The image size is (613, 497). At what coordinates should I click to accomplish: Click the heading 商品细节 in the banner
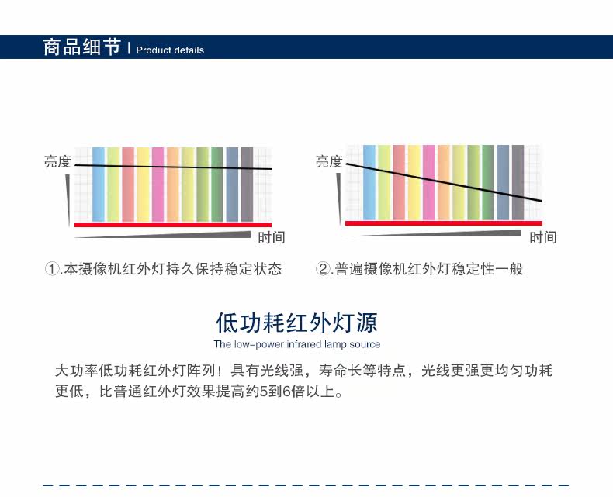81,47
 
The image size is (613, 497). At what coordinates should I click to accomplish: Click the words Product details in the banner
170,50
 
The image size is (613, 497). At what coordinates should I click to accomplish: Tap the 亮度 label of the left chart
57,161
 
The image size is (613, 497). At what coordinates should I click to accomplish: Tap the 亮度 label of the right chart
329,161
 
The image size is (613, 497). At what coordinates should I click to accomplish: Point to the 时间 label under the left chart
272,237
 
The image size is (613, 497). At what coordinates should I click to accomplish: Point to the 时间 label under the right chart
543,237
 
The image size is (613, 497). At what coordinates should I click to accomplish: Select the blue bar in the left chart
99,184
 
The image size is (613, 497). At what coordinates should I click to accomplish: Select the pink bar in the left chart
158,184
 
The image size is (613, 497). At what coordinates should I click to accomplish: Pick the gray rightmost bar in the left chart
247,184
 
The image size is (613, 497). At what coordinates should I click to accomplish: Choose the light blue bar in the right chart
369,182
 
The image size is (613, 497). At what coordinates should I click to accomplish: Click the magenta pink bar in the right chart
429,182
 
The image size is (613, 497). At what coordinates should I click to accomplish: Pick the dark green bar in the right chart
488,182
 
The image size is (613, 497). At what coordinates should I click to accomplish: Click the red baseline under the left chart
173,225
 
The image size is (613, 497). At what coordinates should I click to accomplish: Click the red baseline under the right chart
444,223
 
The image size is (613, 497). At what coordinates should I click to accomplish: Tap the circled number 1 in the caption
52,269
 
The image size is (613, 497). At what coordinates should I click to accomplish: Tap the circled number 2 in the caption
323,269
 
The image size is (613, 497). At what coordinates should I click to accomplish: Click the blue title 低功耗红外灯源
297,323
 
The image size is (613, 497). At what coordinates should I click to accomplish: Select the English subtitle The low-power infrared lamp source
297,344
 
